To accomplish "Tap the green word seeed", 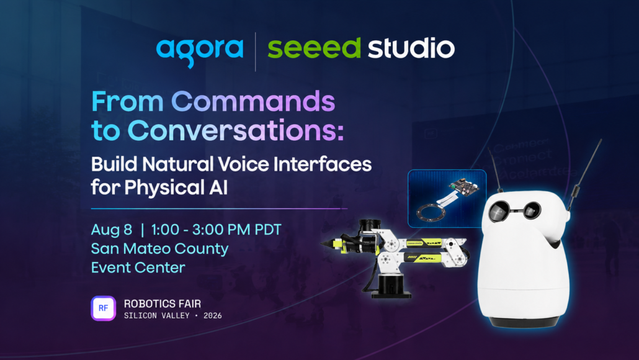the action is click(x=314, y=48).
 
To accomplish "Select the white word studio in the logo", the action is click(x=411, y=48).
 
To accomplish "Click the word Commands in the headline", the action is click(x=253, y=101).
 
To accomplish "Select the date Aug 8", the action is click(x=111, y=230).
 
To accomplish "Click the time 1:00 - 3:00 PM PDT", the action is click(x=216, y=230).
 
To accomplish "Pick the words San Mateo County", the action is click(x=159, y=249).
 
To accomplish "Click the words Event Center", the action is click(x=138, y=268).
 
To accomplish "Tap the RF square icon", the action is click(x=103, y=308).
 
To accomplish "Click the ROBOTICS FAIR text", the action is click(x=162, y=304).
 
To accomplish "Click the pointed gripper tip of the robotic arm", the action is click(x=322, y=244).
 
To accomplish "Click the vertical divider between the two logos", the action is click(x=256, y=52).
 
